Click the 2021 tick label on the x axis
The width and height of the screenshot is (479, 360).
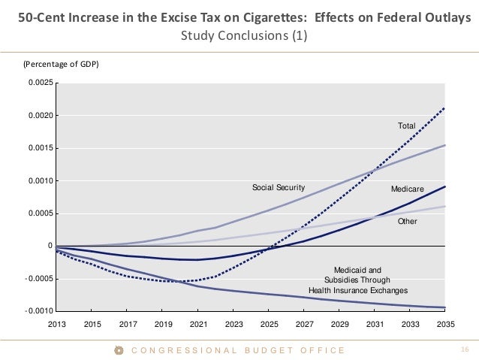pos(198,324)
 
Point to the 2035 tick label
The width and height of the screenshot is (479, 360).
pos(446,324)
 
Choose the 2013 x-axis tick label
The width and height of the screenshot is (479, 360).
pos(57,324)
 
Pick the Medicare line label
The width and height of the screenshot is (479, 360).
pos(408,188)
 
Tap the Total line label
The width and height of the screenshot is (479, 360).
pos(406,126)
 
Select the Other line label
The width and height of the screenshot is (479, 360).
pos(408,222)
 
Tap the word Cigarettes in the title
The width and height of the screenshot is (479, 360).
pos(223,18)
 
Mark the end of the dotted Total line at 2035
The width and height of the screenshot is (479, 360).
pos(445,108)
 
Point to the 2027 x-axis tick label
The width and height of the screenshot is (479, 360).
pos(304,324)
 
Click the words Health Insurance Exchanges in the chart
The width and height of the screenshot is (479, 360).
pos(358,290)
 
